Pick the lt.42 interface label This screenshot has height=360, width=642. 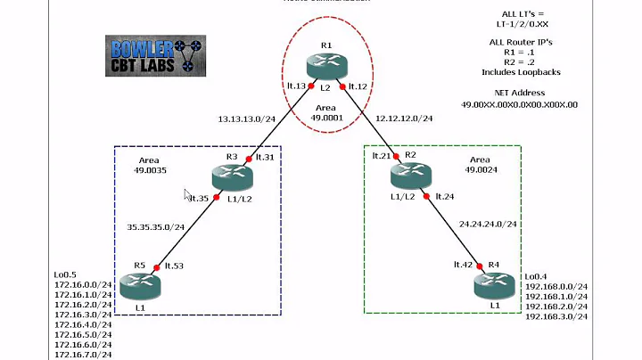[461, 265]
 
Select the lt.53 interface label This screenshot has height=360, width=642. [175, 266]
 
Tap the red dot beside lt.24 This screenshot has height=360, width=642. [427, 196]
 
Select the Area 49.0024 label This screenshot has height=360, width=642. [488, 164]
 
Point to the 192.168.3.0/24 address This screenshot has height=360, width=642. [556, 316]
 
